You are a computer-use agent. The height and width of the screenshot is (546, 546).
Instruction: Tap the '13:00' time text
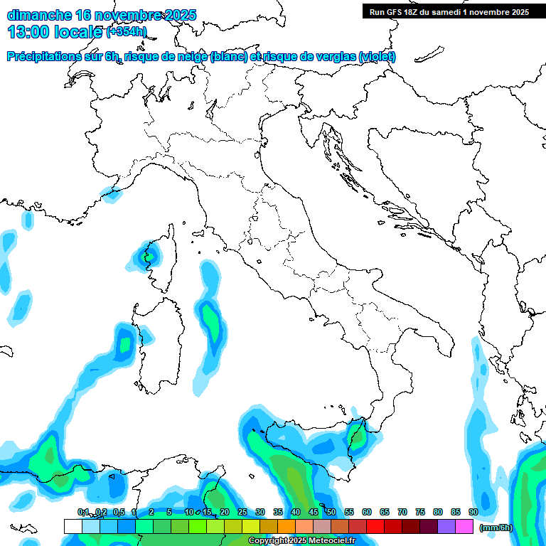click(28, 31)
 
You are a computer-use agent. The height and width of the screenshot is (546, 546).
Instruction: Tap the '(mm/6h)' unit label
click(496, 527)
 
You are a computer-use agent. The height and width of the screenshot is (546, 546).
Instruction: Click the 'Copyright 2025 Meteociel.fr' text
click(301, 541)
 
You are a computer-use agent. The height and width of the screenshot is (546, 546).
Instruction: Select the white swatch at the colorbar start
click(73, 526)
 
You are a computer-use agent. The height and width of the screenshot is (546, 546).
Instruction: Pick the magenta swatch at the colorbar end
click(464, 526)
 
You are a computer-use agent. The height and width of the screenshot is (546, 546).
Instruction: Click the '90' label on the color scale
click(473, 512)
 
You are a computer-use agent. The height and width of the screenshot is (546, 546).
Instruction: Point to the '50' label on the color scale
click(331, 512)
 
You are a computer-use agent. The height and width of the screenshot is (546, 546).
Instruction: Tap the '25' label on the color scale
click(242, 512)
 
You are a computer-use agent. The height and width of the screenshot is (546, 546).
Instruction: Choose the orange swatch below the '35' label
click(287, 526)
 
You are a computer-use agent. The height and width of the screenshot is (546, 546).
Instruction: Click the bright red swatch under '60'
click(375, 526)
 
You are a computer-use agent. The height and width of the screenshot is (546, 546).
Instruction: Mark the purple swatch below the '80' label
click(446, 526)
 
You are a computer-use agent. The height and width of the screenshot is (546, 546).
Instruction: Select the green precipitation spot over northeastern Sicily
click(358, 435)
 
